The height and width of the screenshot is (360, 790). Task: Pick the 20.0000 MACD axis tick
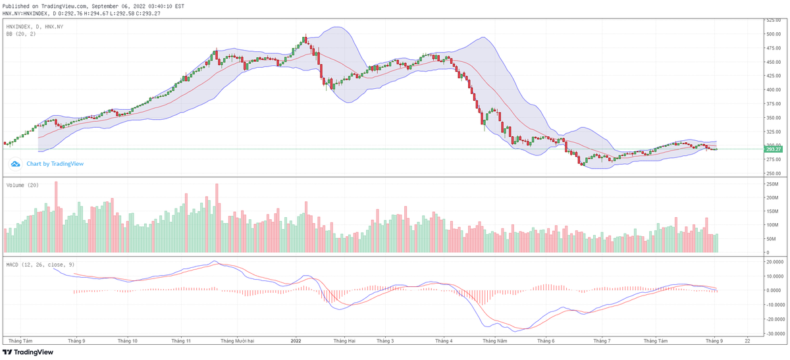pyautogui.click(x=774, y=261)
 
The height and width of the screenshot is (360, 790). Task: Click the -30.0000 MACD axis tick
pyautogui.click(x=774, y=334)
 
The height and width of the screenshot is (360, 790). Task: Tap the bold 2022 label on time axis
pyautogui.click(x=296, y=341)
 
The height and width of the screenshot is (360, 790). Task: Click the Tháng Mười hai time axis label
pyautogui.click(x=237, y=341)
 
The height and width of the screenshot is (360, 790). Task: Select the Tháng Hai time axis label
pyautogui.click(x=344, y=341)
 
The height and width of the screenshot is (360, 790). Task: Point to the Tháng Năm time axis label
pyautogui.click(x=494, y=341)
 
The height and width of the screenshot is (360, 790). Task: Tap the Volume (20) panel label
pyautogui.click(x=22, y=185)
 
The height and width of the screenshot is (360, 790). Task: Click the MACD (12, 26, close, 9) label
pyautogui.click(x=41, y=264)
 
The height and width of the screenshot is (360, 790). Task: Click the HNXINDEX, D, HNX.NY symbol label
pyautogui.click(x=34, y=26)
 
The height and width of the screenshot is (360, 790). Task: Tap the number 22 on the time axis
pyautogui.click(x=747, y=341)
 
